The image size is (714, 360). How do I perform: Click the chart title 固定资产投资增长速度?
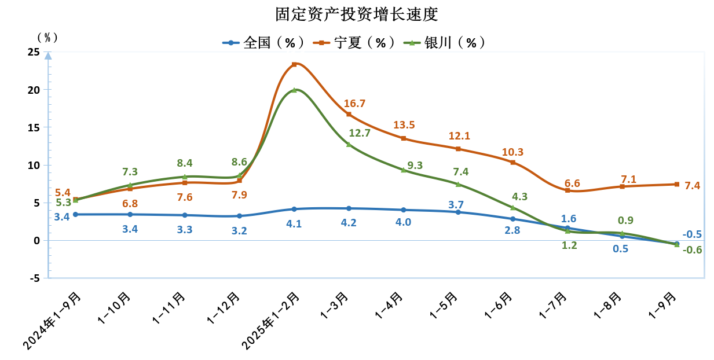pos(356,14)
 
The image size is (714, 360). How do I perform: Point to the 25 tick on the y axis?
pos(34,52)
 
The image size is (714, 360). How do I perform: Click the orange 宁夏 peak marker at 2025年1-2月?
pos(294,64)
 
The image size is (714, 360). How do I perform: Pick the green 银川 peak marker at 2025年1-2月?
pos(294,90)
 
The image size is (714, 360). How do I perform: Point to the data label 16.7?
pos(354,104)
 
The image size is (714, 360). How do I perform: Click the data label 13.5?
pos(404,125)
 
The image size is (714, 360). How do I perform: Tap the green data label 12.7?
pos(360,133)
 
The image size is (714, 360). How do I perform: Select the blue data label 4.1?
pos(294,223)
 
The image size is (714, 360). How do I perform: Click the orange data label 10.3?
pos(512,152)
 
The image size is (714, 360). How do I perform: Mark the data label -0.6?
pos(692,250)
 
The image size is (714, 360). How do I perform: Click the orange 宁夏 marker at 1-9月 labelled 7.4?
pos(676,184)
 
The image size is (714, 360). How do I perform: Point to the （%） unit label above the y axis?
pos(47,38)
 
